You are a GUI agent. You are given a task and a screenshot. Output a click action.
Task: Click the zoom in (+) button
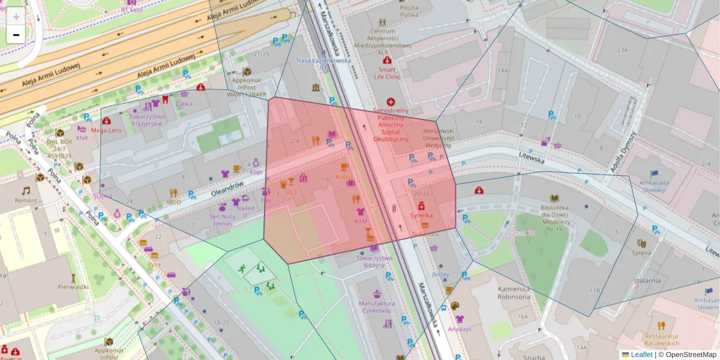16,17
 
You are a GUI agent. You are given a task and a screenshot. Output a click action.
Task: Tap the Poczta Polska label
409,10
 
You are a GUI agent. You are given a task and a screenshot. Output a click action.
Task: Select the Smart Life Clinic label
387,73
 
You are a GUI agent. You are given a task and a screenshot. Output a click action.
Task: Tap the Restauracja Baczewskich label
661,339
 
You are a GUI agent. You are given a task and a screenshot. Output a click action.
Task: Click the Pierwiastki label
74,287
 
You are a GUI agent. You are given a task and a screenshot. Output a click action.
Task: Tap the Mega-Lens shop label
106,130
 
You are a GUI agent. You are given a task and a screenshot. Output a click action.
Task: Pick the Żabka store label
184,103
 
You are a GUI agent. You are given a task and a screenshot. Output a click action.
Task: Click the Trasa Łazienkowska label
323,61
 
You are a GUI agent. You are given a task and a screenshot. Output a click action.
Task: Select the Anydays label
459,329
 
